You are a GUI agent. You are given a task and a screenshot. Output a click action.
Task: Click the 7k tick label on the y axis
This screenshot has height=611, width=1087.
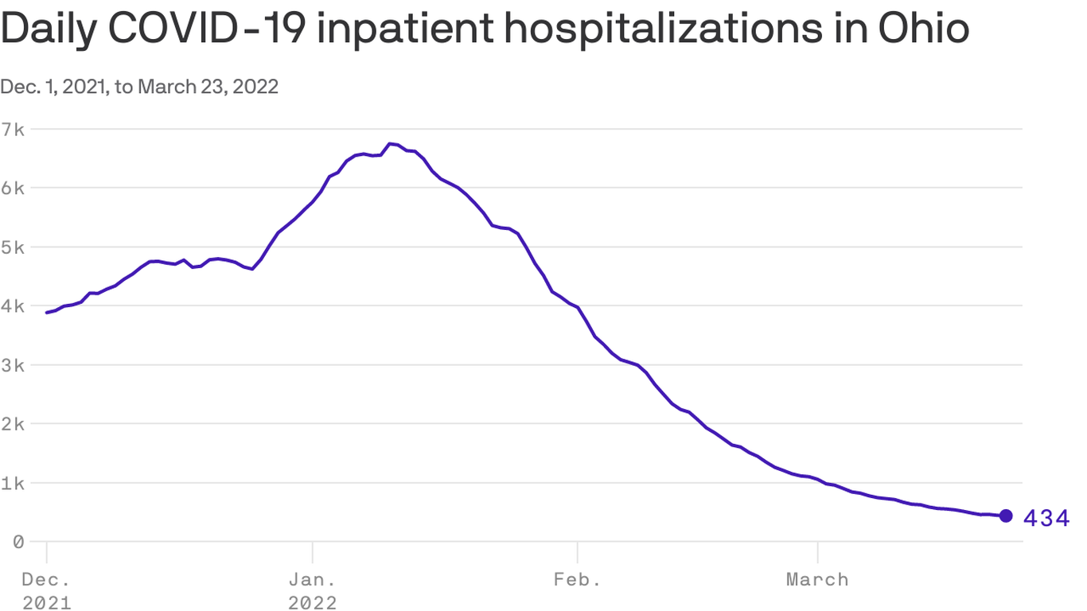tap(15, 129)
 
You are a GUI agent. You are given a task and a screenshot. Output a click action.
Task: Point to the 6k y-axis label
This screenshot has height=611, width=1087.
tap(15, 188)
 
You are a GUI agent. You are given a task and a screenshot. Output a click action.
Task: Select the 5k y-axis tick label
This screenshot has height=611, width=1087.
tap(15, 247)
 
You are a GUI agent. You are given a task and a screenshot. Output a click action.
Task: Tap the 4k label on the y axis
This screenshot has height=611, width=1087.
tap(15, 305)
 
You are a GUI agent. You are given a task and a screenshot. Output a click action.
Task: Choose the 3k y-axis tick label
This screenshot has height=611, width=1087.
tap(15, 364)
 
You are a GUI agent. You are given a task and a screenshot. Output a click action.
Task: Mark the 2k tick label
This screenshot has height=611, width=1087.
tap(15, 423)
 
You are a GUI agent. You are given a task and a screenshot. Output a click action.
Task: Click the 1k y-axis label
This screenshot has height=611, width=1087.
tap(15, 483)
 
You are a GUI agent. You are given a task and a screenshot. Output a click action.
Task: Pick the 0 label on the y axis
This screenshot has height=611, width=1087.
tap(16, 542)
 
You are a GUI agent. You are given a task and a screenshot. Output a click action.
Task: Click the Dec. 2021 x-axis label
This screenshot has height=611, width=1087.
tap(46, 590)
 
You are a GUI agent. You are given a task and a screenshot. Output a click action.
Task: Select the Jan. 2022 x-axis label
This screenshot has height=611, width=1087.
tap(313, 590)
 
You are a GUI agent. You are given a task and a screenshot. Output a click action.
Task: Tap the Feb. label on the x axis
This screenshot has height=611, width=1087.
tap(577, 579)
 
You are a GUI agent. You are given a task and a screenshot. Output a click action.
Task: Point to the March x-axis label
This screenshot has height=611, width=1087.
tap(817, 579)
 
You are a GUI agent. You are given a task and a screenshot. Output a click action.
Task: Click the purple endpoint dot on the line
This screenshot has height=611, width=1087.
tap(1006, 516)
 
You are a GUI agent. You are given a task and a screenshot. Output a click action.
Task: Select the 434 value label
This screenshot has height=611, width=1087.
tap(1046, 519)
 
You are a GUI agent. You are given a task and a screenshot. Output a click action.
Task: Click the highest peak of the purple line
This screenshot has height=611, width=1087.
tap(390, 144)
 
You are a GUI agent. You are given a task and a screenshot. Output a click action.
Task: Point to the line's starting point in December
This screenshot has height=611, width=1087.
tap(47, 313)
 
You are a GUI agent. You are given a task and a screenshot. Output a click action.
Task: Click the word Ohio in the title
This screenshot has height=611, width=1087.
tap(924, 29)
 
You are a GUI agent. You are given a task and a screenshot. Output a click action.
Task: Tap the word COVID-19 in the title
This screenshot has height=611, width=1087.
tap(213, 29)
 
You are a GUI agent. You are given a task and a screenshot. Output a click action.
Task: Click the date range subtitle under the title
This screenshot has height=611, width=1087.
tap(139, 87)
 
